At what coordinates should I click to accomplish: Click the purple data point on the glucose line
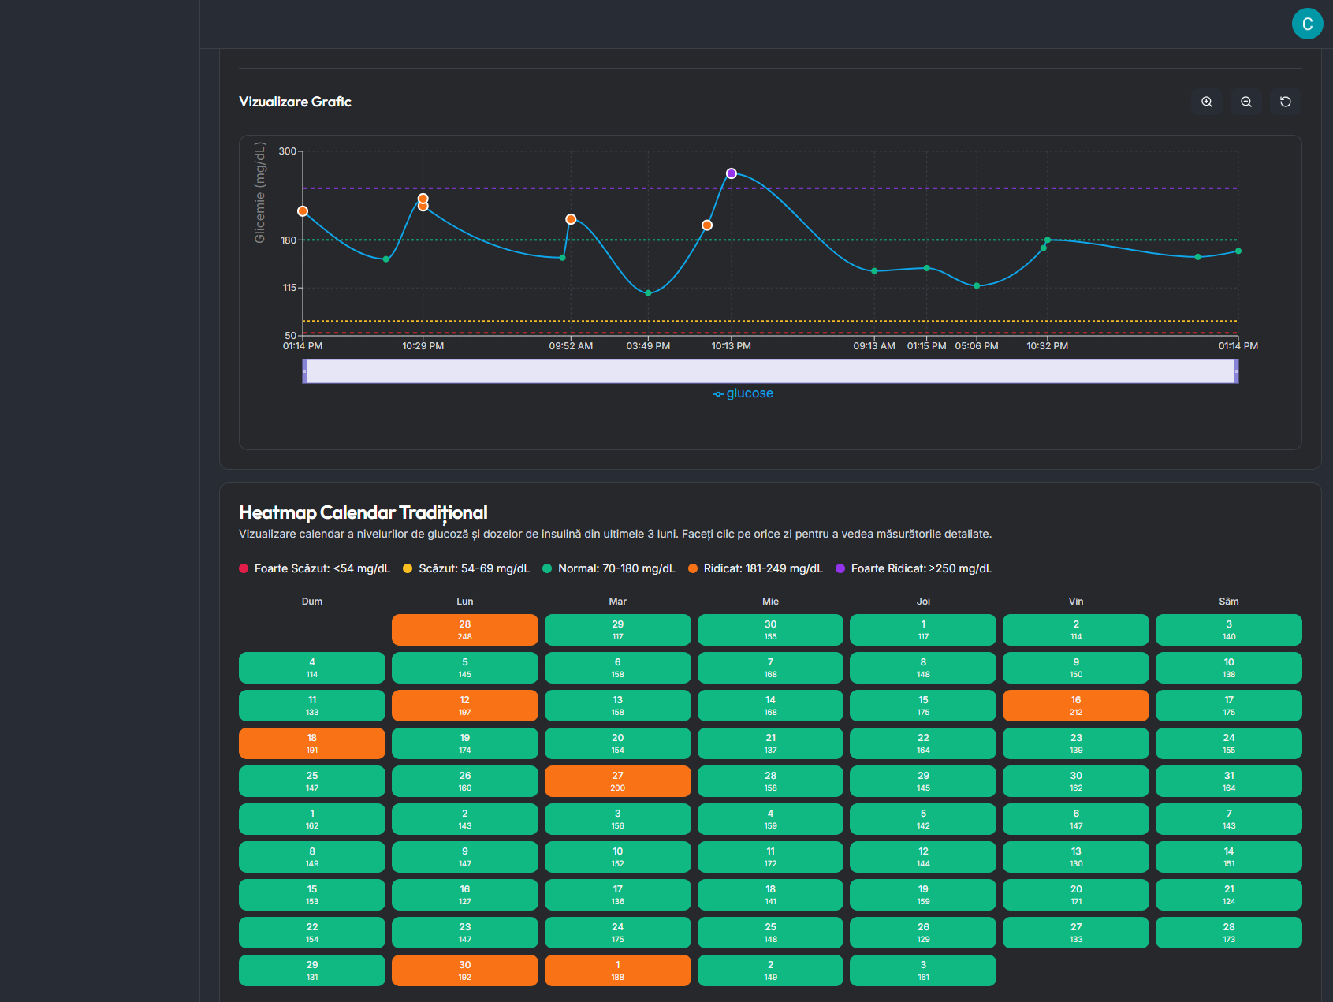732,173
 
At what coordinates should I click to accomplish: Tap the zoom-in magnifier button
1207,102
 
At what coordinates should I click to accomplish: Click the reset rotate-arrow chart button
1286,102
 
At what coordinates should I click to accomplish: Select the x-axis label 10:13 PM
732,346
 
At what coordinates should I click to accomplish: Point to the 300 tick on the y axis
288,151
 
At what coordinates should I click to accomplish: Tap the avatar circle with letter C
1307,24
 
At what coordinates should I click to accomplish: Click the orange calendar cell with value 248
464,630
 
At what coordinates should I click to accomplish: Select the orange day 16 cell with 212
1075,706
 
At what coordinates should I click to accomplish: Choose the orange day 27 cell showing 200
617,781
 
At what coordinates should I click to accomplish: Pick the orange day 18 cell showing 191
311,743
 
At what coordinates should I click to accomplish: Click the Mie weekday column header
770,602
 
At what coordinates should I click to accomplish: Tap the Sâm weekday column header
1228,602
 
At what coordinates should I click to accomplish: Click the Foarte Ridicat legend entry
914,568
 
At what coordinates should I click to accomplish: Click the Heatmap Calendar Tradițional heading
363,512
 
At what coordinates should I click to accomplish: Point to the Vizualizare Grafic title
295,102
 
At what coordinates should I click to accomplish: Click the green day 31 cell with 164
1228,781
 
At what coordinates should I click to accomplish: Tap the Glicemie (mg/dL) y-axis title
259,192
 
